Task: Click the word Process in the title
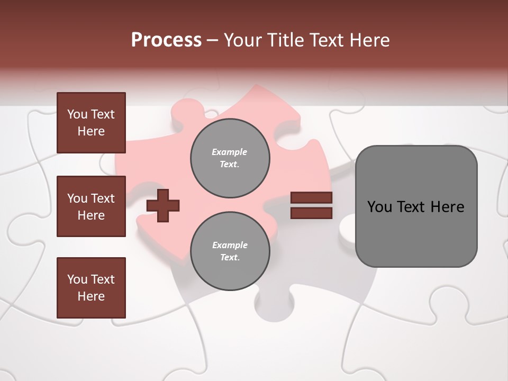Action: pos(166,40)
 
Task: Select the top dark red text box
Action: pos(91,123)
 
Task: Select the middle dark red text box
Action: pos(91,206)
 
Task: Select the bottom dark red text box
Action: pos(91,288)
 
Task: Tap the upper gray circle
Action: pos(230,158)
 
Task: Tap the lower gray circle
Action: pos(230,251)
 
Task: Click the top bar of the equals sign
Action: pos(311,198)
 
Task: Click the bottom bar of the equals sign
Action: pos(311,213)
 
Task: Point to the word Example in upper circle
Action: pos(229,152)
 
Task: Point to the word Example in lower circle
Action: pos(229,245)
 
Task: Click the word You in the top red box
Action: pos(77,114)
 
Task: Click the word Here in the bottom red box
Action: pos(91,296)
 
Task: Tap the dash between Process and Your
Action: pos(213,40)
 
